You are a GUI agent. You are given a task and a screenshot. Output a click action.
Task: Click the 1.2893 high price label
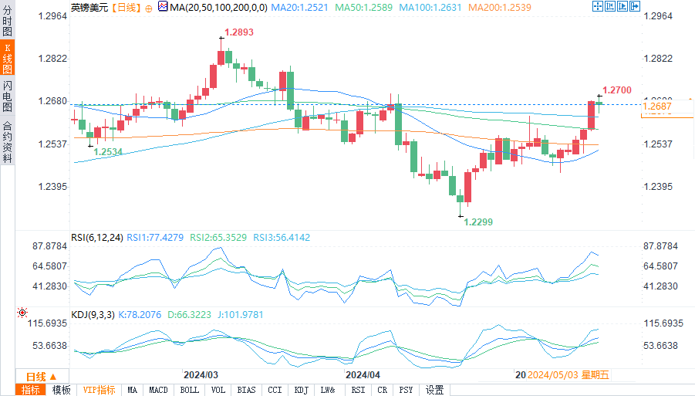[239, 33]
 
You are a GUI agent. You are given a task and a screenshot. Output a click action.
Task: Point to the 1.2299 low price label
[478, 222]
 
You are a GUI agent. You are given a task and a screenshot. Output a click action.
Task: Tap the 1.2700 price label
[617, 90]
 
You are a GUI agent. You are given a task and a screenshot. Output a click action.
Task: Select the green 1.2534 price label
[109, 152]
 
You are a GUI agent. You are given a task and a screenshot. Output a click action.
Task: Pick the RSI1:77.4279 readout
[155, 238]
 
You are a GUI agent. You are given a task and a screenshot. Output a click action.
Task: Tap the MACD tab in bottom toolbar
[159, 390]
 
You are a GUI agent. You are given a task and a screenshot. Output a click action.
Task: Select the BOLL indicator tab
[189, 390]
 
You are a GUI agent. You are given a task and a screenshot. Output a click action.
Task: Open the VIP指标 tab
[99, 390]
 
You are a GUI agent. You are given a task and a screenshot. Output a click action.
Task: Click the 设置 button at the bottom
[434, 390]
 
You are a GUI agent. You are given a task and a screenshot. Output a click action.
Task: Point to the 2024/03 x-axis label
[201, 374]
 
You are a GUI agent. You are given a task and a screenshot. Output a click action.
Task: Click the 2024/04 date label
[363, 374]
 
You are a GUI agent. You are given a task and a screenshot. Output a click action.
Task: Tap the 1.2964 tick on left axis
[52, 16]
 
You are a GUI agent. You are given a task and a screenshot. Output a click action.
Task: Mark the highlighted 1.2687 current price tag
[657, 107]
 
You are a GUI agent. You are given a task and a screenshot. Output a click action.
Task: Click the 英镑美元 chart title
[89, 7]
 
